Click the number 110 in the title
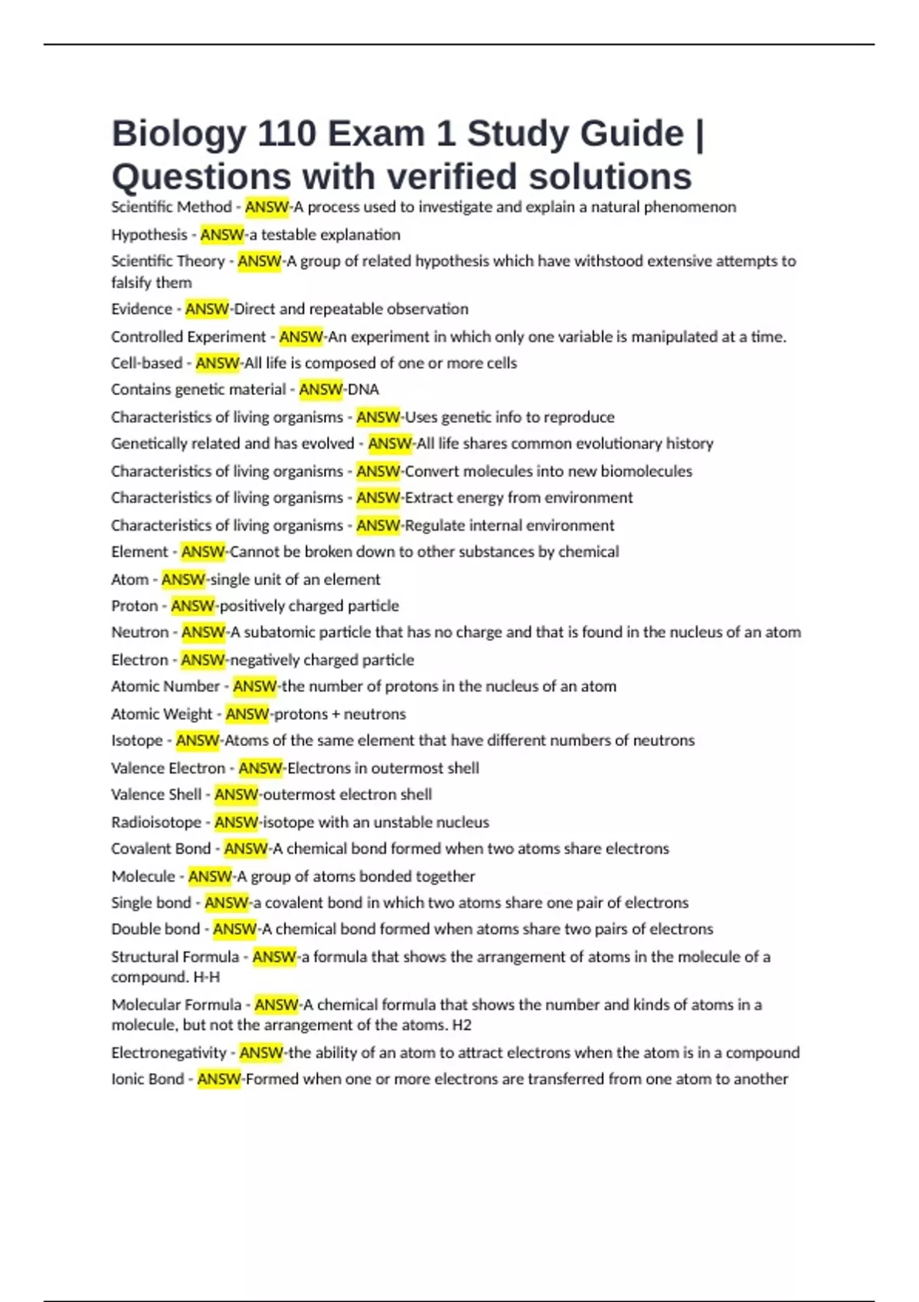coord(286,134)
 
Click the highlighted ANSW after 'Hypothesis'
coord(222,234)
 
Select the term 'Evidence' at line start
coord(142,309)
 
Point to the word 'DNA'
coord(364,389)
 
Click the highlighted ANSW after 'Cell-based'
coord(217,363)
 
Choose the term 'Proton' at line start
coord(134,606)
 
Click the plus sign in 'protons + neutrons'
coord(336,714)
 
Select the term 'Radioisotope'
coord(156,822)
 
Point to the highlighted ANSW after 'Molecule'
coord(210,876)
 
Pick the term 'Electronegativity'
coord(168,1052)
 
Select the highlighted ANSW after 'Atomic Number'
coord(254,686)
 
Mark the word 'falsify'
coord(132,283)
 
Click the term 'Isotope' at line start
coord(137,741)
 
